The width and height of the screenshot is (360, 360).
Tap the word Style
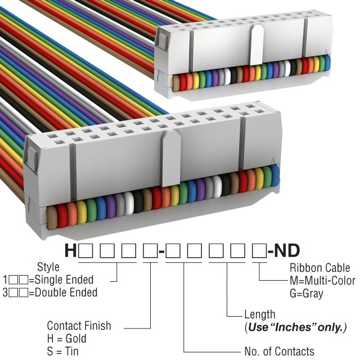click(x=48, y=267)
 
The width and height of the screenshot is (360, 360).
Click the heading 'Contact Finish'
click(x=79, y=326)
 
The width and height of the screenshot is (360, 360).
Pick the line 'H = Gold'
click(x=67, y=339)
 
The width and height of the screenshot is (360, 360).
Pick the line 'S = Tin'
click(x=63, y=352)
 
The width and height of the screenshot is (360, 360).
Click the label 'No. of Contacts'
click(x=280, y=352)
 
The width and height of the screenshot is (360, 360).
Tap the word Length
click(x=259, y=314)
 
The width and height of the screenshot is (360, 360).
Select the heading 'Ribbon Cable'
click(x=318, y=268)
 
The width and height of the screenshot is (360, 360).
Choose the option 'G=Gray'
click(x=307, y=294)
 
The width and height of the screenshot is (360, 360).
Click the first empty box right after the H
click(x=86, y=250)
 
